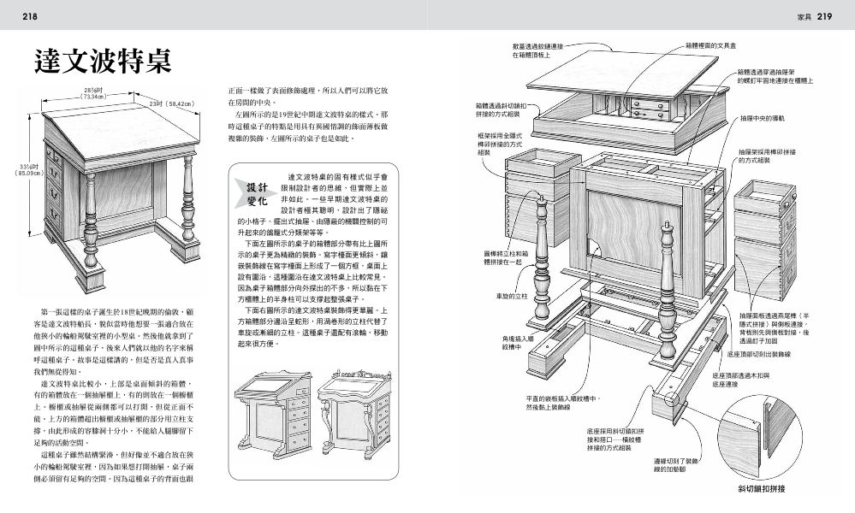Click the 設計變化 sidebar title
[x=258, y=193]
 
